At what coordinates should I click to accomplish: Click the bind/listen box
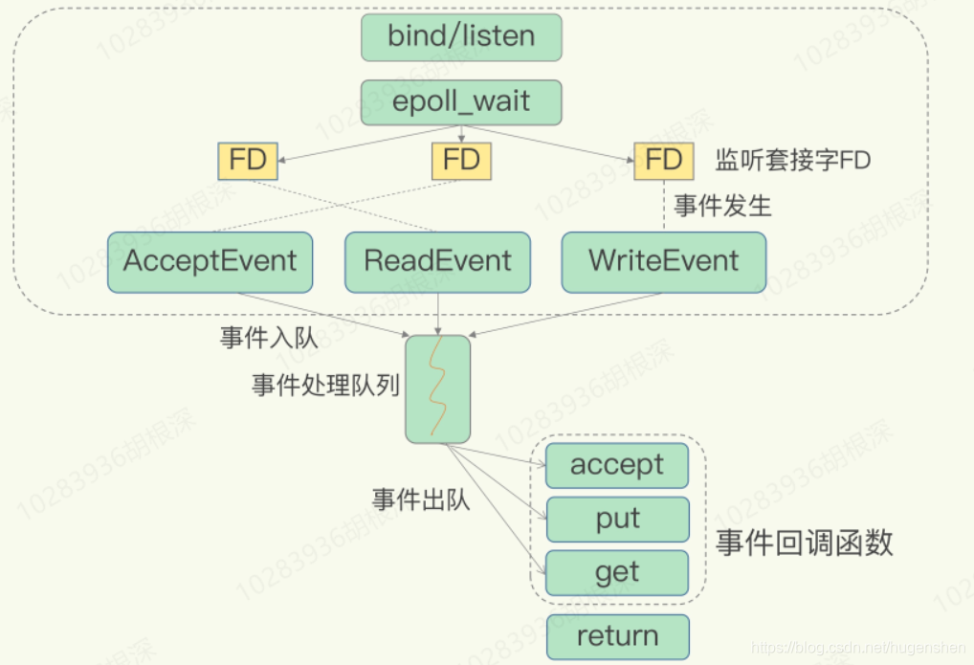click(x=461, y=37)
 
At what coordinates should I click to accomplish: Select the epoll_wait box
click(x=461, y=101)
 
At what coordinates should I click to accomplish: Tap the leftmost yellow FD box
click(x=248, y=160)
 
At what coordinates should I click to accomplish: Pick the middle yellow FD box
click(x=461, y=160)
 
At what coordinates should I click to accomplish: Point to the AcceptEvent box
click(x=210, y=261)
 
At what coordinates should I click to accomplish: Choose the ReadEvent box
click(x=437, y=261)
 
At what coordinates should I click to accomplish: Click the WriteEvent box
click(x=664, y=261)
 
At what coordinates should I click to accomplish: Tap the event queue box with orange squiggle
click(x=437, y=388)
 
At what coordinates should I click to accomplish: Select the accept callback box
click(x=617, y=465)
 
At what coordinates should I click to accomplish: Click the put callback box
click(x=617, y=519)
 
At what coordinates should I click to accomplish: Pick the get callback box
click(x=617, y=572)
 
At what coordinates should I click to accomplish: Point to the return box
click(x=617, y=636)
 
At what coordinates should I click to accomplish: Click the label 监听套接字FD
click(x=793, y=160)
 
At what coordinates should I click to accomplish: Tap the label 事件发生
click(x=722, y=206)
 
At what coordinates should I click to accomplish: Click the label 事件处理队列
click(x=325, y=386)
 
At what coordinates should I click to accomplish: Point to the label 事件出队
click(x=421, y=499)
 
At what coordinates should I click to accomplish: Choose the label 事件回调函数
click(x=805, y=543)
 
